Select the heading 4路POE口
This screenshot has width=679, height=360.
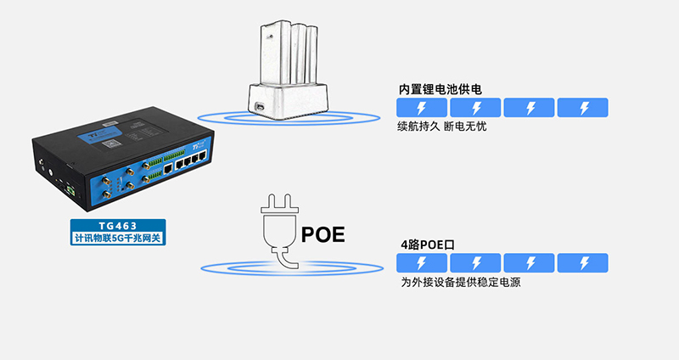pos(428,245)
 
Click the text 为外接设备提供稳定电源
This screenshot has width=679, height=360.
pos(459,282)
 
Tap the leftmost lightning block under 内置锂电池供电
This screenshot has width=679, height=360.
pos(422,108)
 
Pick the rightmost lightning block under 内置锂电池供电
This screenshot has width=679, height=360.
pos(583,108)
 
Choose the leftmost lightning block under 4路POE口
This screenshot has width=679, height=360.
pos(422,262)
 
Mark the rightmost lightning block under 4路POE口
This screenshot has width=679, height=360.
pos(583,262)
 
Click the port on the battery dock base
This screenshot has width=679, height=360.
pos(259,107)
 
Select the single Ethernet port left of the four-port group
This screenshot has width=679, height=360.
pos(171,169)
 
